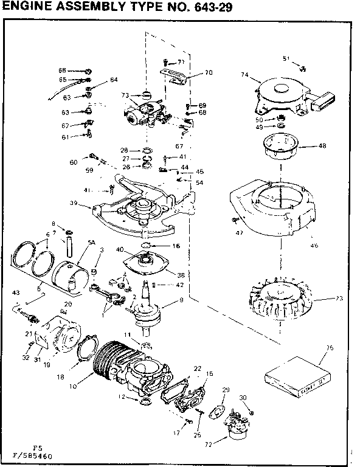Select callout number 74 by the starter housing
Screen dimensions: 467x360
[245, 75]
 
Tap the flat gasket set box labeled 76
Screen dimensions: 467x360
[297, 370]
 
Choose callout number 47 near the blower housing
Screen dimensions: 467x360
[240, 232]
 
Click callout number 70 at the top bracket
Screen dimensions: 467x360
[209, 72]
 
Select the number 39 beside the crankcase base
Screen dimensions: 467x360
[74, 203]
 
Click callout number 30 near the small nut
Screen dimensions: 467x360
[244, 398]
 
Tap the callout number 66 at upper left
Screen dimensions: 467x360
[62, 71]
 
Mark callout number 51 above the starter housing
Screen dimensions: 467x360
[286, 58]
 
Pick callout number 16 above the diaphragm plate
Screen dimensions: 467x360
[177, 246]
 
